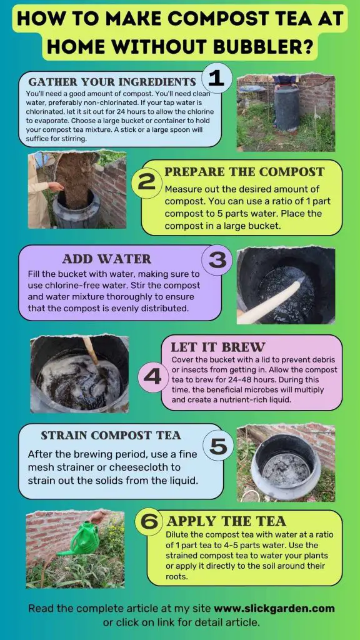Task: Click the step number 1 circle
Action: pyautogui.click(x=216, y=79)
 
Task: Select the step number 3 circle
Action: pyautogui.click(x=216, y=260)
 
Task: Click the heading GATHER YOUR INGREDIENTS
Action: pyautogui.click(x=112, y=82)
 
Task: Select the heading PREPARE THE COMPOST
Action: pyautogui.click(x=244, y=171)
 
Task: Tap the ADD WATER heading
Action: pyautogui.click(x=106, y=259)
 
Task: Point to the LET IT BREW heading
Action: pyautogui.click(x=218, y=347)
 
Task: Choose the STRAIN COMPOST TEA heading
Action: pyautogui.click(x=111, y=435)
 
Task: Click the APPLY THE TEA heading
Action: pyautogui.click(x=226, y=521)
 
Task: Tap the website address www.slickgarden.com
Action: pyautogui.click(x=274, y=608)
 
